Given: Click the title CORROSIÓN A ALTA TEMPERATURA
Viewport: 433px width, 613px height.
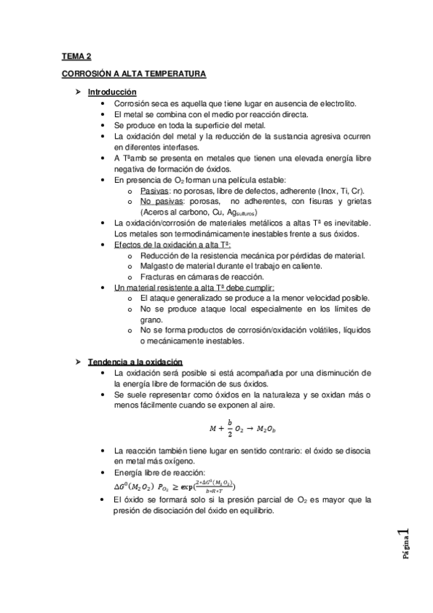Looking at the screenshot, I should pyautogui.click(x=134, y=74).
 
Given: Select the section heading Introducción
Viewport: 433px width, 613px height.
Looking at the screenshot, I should pyautogui.click(x=111, y=93).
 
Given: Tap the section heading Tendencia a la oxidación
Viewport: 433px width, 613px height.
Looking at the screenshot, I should pyautogui.click(x=135, y=361).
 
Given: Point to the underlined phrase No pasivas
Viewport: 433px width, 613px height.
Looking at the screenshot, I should pyautogui.click(x=160, y=200).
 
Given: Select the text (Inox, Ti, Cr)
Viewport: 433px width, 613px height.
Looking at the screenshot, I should pyautogui.click(x=345, y=189).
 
